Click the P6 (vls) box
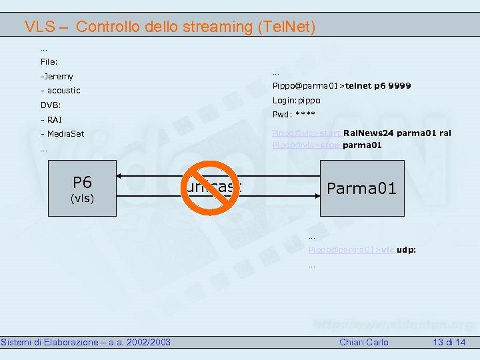click(x=83, y=189)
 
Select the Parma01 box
click(x=361, y=188)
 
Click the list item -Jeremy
click(x=57, y=77)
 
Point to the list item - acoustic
click(x=60, y=91)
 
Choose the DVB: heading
click(x=51, y=105)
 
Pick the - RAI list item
click(x=51, y=120)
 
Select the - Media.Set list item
click(x=62, y=134)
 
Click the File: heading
click(x=49, y=62)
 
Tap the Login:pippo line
click(x=296, y=100)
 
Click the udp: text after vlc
click(x=406, y=249)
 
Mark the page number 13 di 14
click(x=449, y=342)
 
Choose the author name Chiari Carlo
click(x=364, y=342)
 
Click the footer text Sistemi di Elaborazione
click(x=49, y=342)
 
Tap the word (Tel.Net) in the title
click(x=281, y=27)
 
